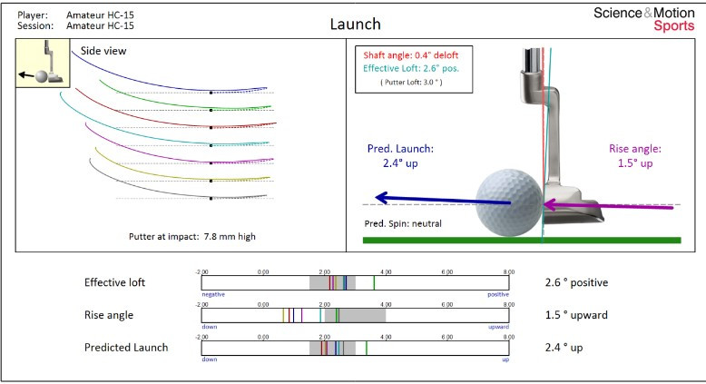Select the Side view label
103,52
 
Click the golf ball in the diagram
508,202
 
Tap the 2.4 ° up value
563,348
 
